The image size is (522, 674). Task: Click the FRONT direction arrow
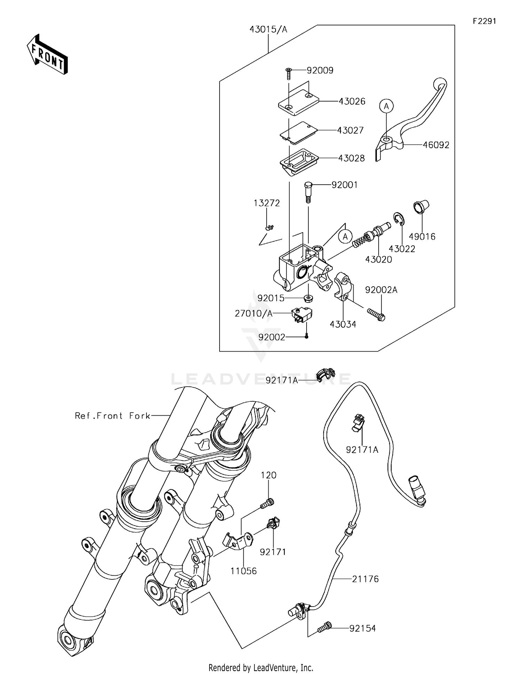pyautogui.click(x=47, y=55)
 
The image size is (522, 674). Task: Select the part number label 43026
pyautogui.click(x=352, y=101)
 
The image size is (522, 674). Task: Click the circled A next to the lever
pyautogui.click(x=386, y=106)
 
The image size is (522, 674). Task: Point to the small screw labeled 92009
pyautogui.click(x=289, y=73)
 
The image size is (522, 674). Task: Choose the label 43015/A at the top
pyautogui.click(x=268, y=30)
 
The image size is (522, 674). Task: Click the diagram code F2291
pyautogui.click(x=484, y=21)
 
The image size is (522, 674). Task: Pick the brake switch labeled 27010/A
pyautogui.click(x=301, y=314)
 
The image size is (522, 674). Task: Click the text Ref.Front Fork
pyautogui.click(x=112, y=416)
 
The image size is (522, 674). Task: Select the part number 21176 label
pyautogui.click(x=365, y=579)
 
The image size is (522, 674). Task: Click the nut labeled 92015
pyautogui.click(x=308, y=298)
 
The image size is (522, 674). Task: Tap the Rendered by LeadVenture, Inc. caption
pyautogui.click(x=261, y=667)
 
